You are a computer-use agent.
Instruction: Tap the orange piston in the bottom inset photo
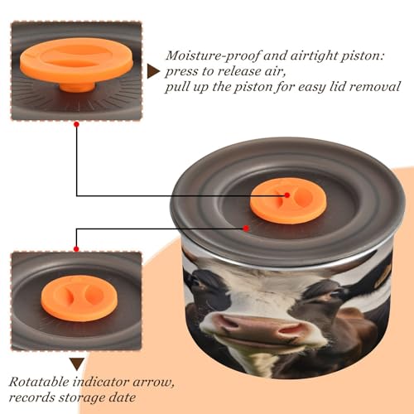tap(79, 298)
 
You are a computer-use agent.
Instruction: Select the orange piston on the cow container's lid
tap(289, 200)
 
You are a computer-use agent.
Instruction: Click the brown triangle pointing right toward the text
tap(153, 71)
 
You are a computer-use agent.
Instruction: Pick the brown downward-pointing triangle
tap(77, 363)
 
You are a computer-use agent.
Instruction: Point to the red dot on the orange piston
tap(287, 195)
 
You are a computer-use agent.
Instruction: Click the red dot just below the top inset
tap(76, 124)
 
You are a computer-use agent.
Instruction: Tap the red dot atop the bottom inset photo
tap(76, 249)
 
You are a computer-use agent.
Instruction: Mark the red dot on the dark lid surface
tap(246, 229)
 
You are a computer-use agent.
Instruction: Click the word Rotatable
tap(39, 383)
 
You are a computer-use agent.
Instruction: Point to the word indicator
tap(101, 383)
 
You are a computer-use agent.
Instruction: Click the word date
tap(123, 397)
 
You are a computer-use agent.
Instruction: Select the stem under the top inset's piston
tap(78, 86)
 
